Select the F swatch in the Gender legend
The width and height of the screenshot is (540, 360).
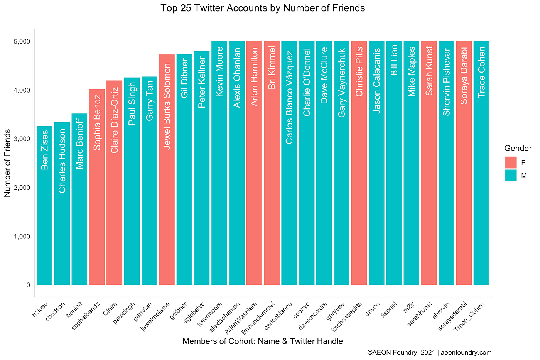click(x=510, y=162)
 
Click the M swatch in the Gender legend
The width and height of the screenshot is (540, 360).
click(x=510, y=176)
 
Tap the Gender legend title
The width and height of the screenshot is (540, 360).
click(x=518, y=149)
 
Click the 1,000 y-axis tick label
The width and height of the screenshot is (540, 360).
click(x=22, y=236)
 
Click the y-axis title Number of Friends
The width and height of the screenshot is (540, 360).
click(x=8, y=163)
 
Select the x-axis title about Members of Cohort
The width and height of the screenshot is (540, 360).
click(x=263, y=341)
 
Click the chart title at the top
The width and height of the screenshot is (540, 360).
click(x=263, y=8)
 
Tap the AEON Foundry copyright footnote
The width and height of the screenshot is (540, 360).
click(x=429, y=352)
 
